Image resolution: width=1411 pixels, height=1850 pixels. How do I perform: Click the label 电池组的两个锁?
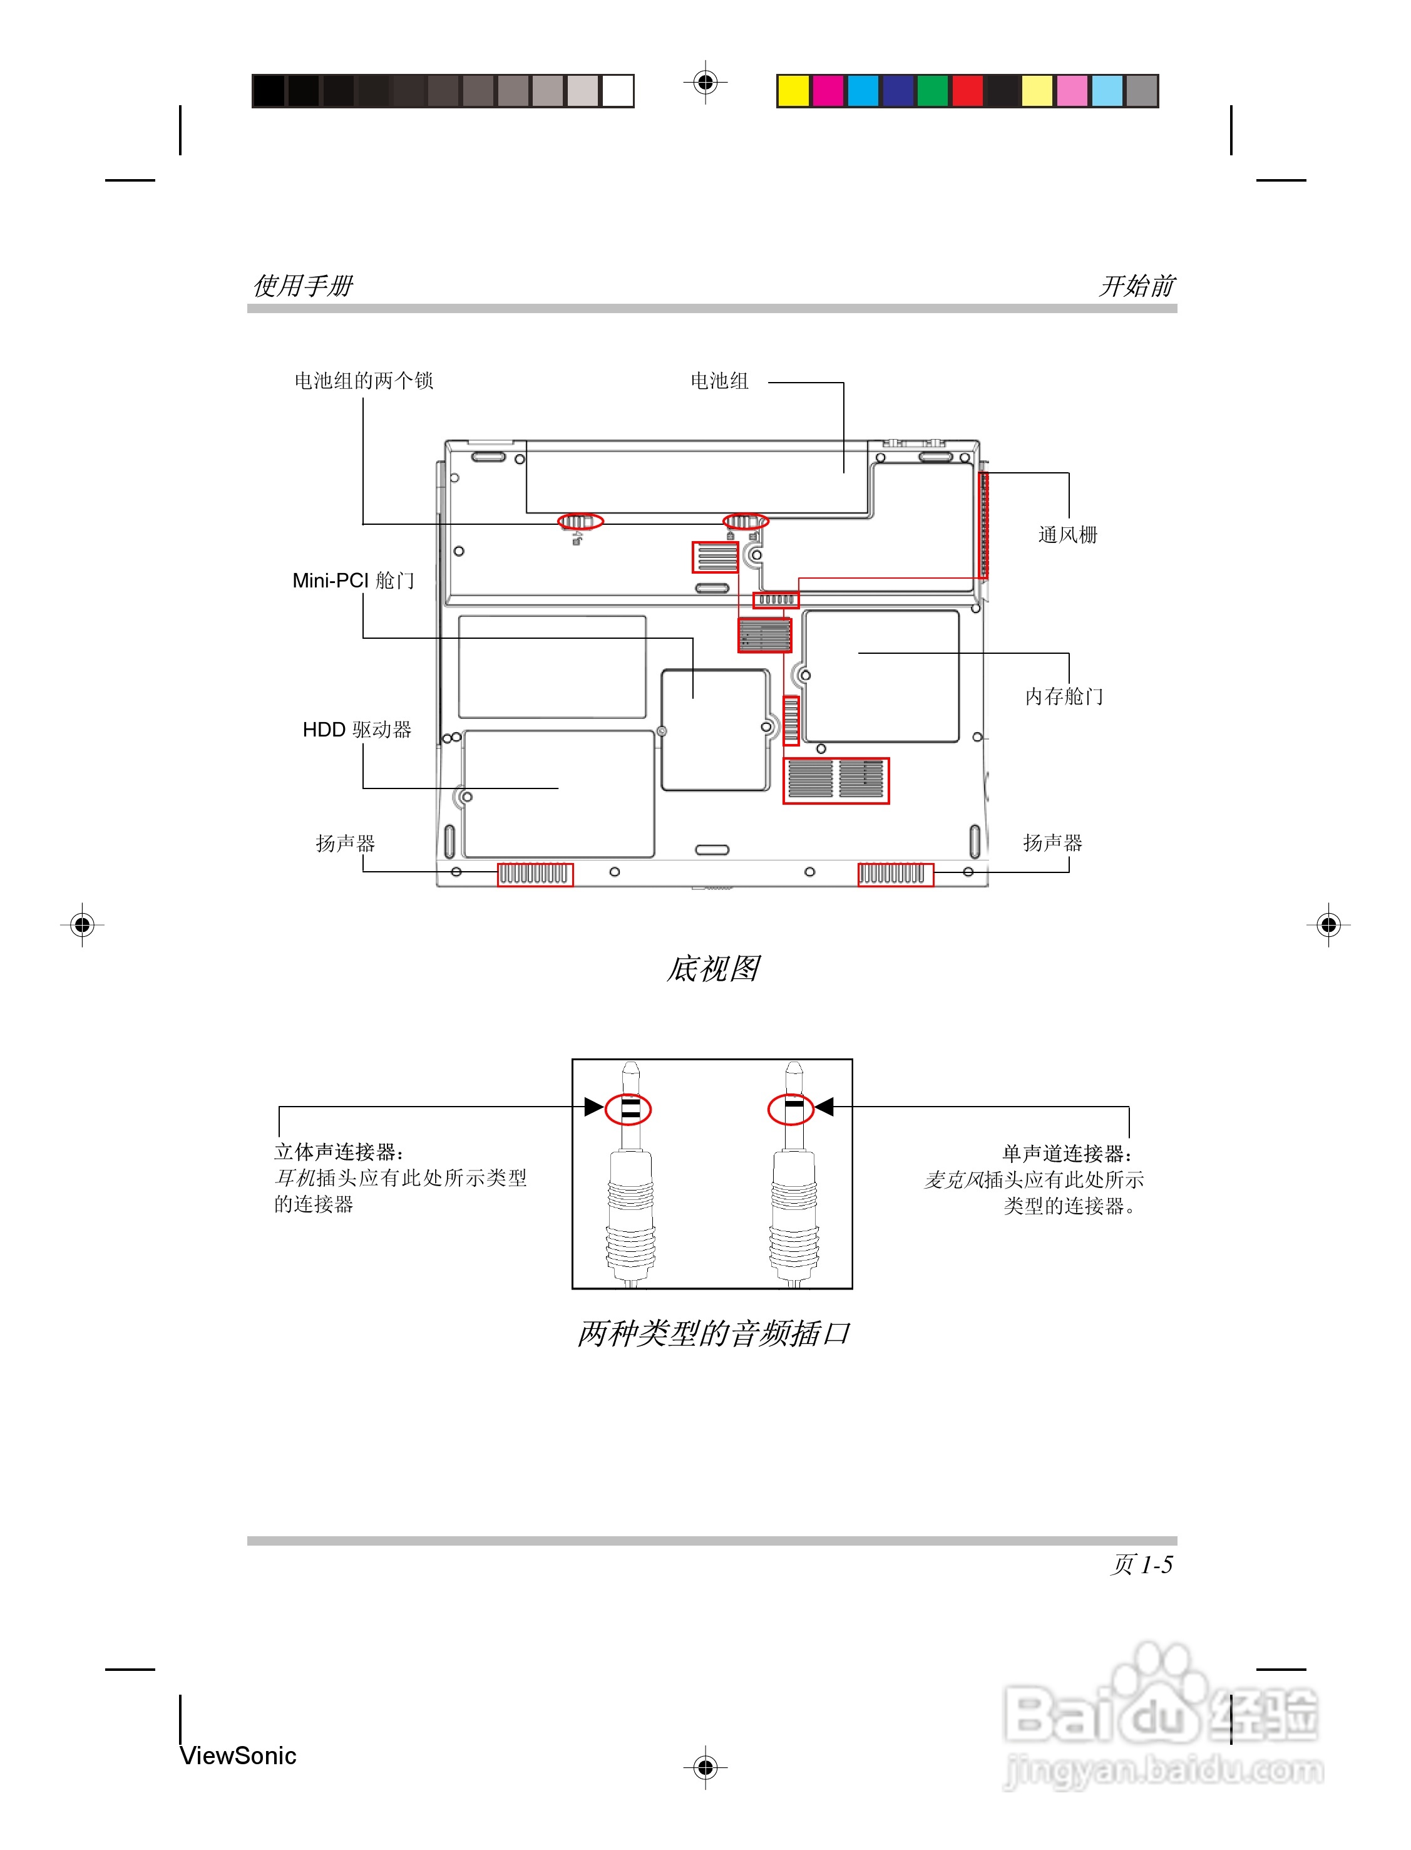pyautogui.click(x=363, y=381)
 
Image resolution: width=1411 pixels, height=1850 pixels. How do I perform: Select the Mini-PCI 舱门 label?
pyautogui.click(x=353, y=581)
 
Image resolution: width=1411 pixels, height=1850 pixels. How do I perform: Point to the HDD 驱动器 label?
pyautogui.click(x=356, y=729)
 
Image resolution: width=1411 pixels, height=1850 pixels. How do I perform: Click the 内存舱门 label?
pyautogui.click(x=1064, y=696)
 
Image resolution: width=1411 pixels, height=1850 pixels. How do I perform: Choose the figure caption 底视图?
pyautogui.click(x=712, y=969)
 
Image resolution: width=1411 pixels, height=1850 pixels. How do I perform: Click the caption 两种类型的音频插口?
pyautogui.click(x=712, y=1333)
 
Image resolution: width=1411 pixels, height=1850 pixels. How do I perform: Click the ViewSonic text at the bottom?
pyautogui.click(x=238, y=1755)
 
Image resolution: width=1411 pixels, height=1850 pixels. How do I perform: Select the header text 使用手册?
pyautogui.click(x=303, y=286)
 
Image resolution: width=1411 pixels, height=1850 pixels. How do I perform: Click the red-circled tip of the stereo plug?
pyautogui.click(x=629, y=1109)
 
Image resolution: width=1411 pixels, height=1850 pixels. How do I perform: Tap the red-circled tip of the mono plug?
pyautogui.click(x=791, y=1109)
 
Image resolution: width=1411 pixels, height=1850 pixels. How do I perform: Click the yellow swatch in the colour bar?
pyautogui.click(x=793, y=91)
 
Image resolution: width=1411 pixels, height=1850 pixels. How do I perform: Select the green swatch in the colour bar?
pyautogui.click(x=932, y=91)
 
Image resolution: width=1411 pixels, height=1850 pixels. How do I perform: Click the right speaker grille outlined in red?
pyautogui.click(x=895, y=875)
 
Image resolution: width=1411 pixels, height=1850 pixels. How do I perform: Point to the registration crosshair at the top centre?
pyautogui.click(x=705, y=82)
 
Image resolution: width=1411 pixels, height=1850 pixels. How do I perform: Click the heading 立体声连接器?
pyautogui.click(x=339, y=1152)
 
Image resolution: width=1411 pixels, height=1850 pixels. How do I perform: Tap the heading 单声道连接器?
pyautogui.click(x=1067, y=1154)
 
